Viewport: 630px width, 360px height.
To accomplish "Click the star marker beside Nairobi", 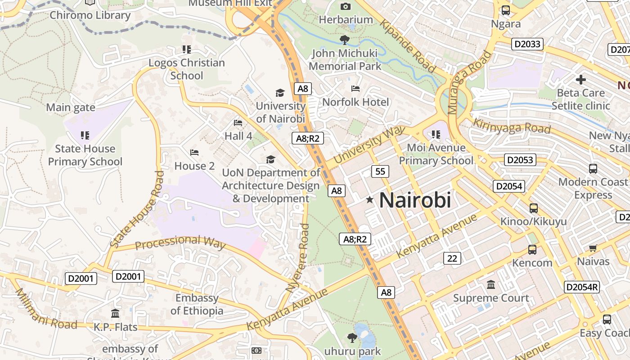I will click(369, 199).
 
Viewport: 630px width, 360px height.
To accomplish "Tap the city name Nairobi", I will click(415, 200).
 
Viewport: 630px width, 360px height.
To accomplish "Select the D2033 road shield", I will click(527, 44).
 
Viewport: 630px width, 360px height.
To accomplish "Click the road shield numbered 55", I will click(380, 171).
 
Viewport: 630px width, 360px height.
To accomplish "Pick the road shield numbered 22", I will click(452, 258).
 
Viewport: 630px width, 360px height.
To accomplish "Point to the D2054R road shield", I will click(582, 287).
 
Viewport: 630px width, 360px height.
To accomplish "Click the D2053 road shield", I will click(520, 160).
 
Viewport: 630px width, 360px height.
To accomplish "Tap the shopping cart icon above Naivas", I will click(593, 248).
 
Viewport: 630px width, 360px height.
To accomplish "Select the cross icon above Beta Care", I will click(580, 80).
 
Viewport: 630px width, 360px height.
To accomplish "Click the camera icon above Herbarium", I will click(345, 6).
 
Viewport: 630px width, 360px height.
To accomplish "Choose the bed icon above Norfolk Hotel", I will click(355, 89).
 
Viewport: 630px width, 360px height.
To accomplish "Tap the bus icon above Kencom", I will click(532, 250).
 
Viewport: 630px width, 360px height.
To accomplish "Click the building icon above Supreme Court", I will click(491, 285).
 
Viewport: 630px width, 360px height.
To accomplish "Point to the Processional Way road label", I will click(180, 242).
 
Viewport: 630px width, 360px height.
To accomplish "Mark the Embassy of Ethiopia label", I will click(197, 304).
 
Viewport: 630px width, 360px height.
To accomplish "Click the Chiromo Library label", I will click(90, 15).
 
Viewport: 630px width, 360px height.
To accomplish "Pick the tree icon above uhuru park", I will click(352, 337).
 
